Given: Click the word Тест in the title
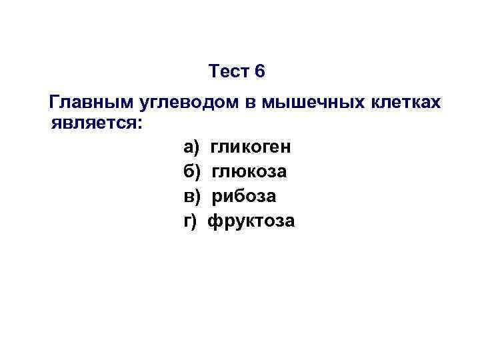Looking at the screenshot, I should (228, 71).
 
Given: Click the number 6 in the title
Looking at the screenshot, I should (259, 71).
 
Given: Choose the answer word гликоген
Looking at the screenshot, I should (251, 147).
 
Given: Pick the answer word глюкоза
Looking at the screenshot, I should (250, 171).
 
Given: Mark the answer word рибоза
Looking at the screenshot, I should (243, 196).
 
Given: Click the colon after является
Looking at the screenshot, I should (139, 124).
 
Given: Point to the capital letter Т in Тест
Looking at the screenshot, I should (213, 71).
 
